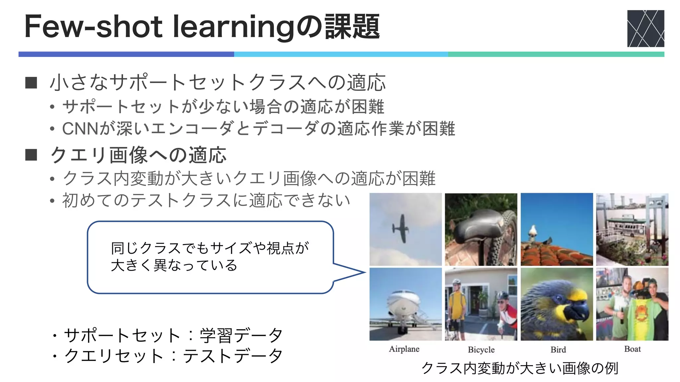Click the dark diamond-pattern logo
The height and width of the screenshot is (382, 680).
point(645,29)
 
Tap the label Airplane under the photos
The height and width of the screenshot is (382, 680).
point(404,349)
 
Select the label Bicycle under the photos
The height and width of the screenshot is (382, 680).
point(481,350)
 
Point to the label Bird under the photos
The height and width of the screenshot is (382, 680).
point(558,350)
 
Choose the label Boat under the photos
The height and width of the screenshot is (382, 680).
point(633,349)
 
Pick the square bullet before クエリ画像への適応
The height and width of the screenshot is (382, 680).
point(31,155)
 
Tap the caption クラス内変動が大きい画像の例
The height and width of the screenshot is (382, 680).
point(520,368)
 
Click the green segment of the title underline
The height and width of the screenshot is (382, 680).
point(556,54)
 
